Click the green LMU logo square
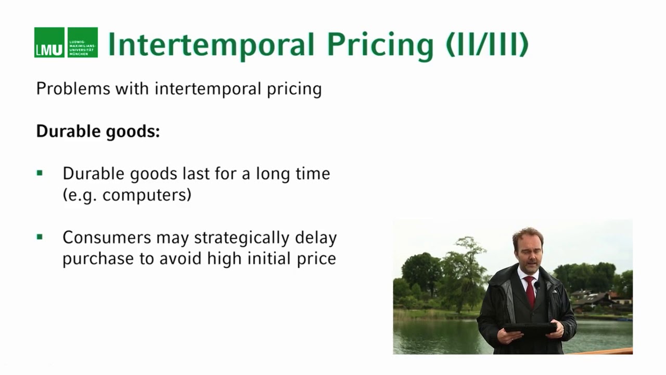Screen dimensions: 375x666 pos(49,42)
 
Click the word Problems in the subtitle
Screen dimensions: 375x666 pos(73,89)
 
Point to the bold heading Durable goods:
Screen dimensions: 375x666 pos(98,131)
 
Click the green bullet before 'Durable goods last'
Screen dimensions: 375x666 pos(40,173)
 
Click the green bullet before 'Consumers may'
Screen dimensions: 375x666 pos(40,237)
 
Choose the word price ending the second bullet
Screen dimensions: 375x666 pos(317,258)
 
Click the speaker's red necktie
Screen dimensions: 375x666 pos(530,291)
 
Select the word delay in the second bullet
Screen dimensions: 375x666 pos(316,238)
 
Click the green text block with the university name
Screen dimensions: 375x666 pos(83,42)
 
